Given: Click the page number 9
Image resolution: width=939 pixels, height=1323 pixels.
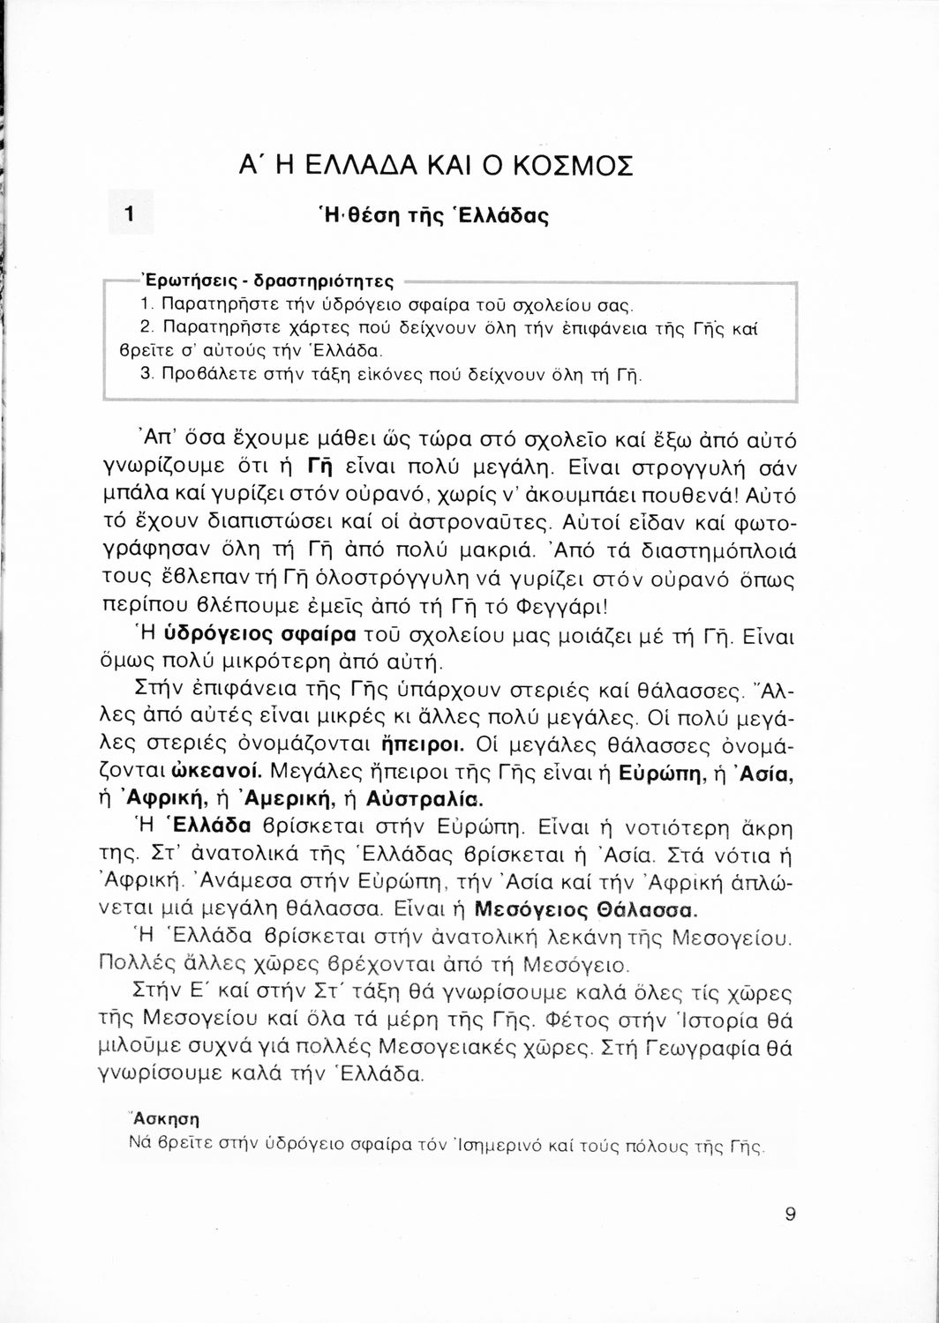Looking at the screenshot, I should pyautogui.click(x=790, y=1214).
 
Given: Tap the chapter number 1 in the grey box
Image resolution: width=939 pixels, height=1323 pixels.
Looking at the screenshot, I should pyautogui.click(x=130, y=213).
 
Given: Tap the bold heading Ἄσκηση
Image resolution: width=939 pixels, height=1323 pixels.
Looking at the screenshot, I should pyautogui.click(x=165, y=1120).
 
